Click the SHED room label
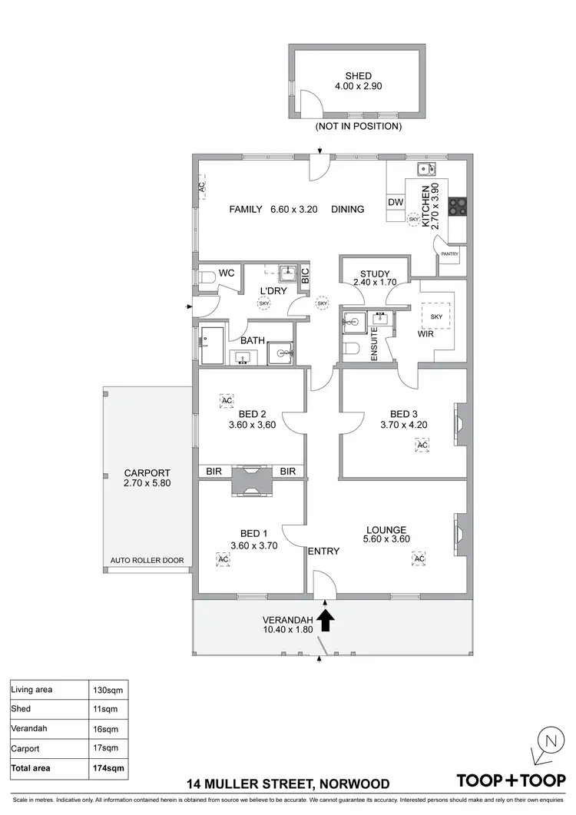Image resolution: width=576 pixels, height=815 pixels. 358,76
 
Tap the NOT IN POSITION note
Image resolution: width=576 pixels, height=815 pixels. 358,125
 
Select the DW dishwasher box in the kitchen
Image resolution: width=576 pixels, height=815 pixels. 396,202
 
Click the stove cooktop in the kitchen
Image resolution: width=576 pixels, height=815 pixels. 458,205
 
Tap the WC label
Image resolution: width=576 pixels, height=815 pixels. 226,273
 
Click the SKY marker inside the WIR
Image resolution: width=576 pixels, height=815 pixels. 436,316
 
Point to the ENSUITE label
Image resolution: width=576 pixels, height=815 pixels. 375,343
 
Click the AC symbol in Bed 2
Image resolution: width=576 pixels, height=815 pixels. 227,401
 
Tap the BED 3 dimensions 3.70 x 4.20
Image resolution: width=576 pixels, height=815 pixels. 404,424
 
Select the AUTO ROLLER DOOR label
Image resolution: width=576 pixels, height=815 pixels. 147,561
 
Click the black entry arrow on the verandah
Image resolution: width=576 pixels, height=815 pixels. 326,620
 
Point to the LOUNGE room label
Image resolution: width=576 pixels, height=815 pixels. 386,528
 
